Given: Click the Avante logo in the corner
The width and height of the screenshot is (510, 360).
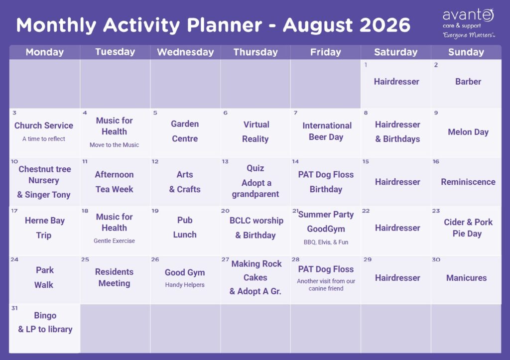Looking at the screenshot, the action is tap(469, 23).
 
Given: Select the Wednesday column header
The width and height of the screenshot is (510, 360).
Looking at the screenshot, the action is tap(185, 52).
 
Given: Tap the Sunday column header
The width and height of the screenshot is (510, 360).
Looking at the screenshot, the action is tap(466, 52).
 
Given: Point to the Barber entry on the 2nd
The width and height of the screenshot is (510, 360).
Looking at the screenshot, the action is tap(468, 81).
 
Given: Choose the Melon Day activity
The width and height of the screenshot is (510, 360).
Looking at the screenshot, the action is tap(468, 132).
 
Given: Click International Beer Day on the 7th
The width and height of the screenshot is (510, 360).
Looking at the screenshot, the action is tap(327, 131).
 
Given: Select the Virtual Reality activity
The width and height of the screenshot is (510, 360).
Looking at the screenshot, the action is tap(255, 131).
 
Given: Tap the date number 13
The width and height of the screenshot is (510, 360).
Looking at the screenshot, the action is tap(225, 161).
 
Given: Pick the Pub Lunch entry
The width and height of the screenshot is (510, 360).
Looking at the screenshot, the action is tap(185, 227).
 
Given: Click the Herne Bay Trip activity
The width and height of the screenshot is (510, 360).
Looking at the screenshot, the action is tap(44, 228).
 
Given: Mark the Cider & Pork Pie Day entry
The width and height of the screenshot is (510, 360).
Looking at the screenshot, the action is tap(468, 228).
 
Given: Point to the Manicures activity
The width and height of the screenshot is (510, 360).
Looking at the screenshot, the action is tap(466, 278).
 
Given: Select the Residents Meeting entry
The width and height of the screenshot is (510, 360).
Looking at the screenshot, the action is tap(114, 277).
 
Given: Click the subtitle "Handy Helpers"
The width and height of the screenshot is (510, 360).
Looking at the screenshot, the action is tap(185, 284).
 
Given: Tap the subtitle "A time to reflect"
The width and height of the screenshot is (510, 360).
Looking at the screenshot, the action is tap(44, 138).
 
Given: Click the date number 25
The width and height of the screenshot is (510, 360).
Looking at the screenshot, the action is tap(85, 259).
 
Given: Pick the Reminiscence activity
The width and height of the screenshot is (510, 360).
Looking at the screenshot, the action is tap(468, 182).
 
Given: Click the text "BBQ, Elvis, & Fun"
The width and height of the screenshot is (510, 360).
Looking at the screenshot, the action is tap(326, 242).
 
